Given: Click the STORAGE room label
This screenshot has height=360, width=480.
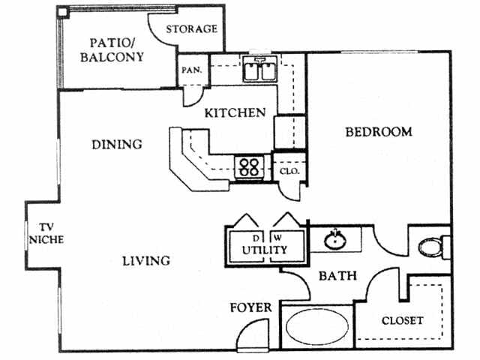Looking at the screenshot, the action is point(191,29).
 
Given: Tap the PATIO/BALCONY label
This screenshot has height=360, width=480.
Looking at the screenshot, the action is point(116,49).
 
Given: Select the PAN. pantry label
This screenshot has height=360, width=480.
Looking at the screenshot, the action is point(188,71).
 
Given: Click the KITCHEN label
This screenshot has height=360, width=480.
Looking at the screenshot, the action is point(235,113).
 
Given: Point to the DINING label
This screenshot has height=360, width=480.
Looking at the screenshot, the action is point(117,144).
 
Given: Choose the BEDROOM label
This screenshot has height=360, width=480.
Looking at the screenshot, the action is point(378,132).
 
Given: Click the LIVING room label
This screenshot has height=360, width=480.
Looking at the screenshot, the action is point(146,261).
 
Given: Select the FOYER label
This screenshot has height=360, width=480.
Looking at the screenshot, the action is point(249,307).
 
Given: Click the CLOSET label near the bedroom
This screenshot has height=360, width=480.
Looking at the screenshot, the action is point(403,320).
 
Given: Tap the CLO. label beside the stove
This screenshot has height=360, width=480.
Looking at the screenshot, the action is point(289,171).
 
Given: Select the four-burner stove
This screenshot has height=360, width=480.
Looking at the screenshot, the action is point(249,166).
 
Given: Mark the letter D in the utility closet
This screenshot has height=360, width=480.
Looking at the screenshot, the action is point(253,239).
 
